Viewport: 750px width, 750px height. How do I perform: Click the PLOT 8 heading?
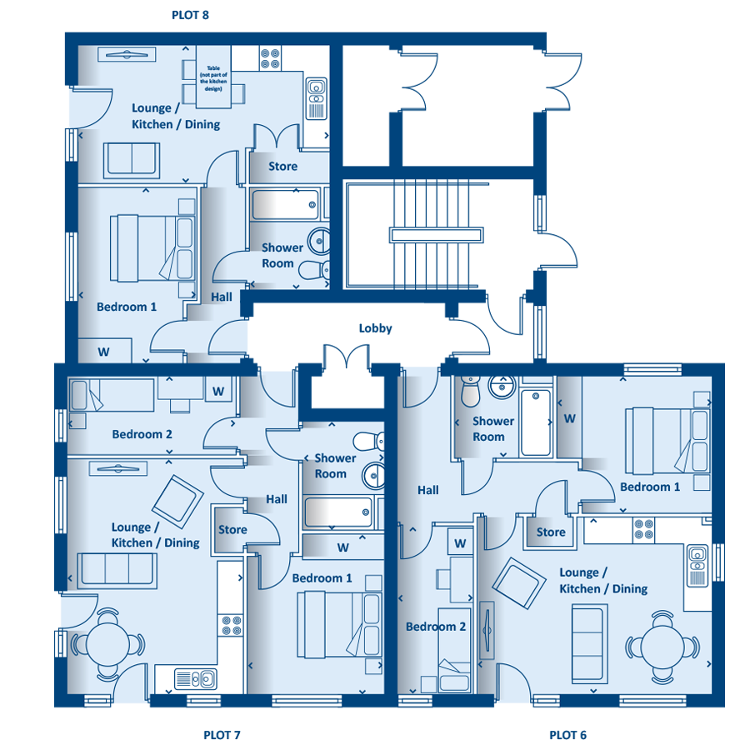click(x=190, y=15)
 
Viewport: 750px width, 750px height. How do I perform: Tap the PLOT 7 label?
click(x=222, y=735)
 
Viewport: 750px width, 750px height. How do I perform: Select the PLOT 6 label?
click(x=567, y=735)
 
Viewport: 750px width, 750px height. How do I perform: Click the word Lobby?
click(x=376, y=328)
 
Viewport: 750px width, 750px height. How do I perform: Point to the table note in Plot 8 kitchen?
click(x=213, y=78)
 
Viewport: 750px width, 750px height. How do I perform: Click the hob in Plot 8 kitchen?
click(x=270, y=58)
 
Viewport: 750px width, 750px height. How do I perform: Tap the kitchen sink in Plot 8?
click(x=316, y=98)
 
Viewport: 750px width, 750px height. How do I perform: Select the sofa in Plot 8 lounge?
click(x=132, y=160)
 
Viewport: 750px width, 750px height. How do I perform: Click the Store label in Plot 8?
click(x=282, y=167)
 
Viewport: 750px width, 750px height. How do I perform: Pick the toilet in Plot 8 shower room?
click(x=314, y=270)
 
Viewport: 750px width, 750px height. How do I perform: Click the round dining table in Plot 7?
click(x=107, y=644)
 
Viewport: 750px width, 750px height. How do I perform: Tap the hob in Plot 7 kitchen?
click(x=232, y=626)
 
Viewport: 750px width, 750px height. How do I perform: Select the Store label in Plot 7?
click(x=232, y=530)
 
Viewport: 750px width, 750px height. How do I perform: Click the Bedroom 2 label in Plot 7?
click(x=142, y=434)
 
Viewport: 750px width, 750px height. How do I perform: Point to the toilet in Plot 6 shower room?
click(x=470, y=390)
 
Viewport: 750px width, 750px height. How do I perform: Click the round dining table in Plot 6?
click(x=662, y=647)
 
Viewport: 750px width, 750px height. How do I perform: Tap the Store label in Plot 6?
click(x=551, y=532)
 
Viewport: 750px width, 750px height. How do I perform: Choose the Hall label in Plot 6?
click(x=428, y=490)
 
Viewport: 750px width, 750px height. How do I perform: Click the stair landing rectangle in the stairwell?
click(x=436, y=235)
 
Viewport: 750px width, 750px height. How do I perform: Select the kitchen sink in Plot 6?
click(x=697, y=566)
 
